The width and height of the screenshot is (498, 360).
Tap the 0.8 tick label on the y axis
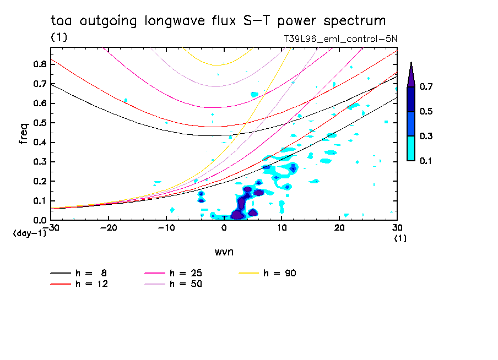pyautogui.click(x=39, y=64)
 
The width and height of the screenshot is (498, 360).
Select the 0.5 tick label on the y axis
pyautogui.click(x=39, y=123)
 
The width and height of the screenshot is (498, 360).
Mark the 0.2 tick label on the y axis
pyautogui.click(x=39, y=181)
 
